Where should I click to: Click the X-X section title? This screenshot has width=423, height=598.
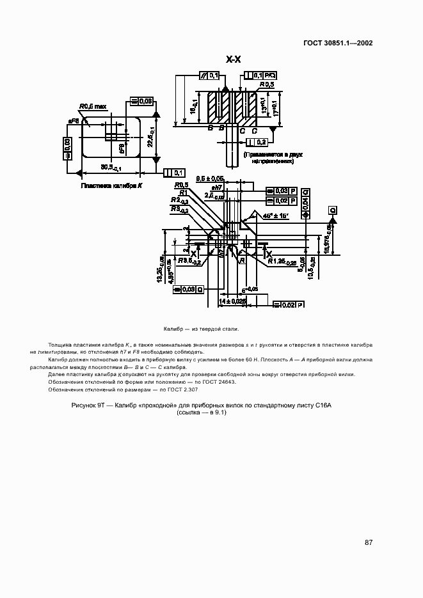click(x=234, y=59)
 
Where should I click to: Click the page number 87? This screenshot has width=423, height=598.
click(x=369, y=542)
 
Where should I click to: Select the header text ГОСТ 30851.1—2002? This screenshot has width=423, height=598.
click(x=338, y=43)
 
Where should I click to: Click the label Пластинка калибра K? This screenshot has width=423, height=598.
click(x=111, y=186)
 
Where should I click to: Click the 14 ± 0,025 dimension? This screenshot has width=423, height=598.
click(x=232, y=300)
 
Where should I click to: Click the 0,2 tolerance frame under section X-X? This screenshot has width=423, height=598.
click(x=256, y=142)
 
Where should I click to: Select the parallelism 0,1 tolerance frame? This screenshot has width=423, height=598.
click(x=209, y=75)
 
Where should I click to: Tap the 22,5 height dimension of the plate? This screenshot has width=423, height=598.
click(x=150, y=136)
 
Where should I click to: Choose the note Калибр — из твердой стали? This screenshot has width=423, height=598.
click(x=201, y=329)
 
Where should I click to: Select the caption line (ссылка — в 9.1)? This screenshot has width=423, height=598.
click(x=203, y=413)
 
